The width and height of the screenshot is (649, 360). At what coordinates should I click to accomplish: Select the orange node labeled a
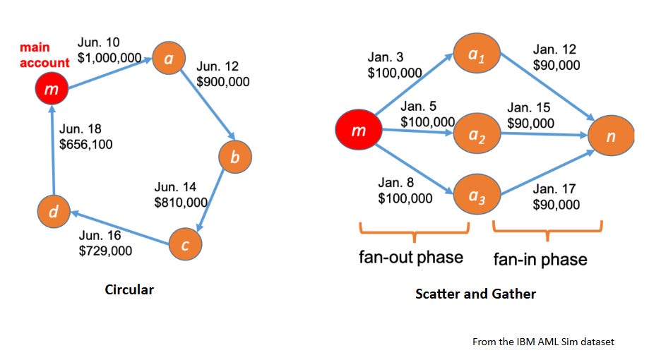coord(169,60)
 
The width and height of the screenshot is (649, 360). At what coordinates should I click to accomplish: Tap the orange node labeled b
coord(235,157)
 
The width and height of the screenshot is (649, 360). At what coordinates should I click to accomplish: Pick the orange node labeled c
coord(185,245)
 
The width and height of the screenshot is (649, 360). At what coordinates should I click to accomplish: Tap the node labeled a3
coord(477,192)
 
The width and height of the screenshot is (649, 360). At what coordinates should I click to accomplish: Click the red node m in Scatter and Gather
coord(359,131)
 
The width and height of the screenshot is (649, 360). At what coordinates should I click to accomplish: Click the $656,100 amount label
coord(85,145)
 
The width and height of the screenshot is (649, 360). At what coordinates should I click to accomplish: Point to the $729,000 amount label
coord(105,251)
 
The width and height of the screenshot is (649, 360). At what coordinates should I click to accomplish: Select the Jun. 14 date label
coord(175,187)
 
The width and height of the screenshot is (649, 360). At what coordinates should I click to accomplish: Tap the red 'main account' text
coord(44,55)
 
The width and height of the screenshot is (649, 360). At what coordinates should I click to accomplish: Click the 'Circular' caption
coord(129,290)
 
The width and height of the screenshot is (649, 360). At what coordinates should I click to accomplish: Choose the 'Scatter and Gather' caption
coord(475,294)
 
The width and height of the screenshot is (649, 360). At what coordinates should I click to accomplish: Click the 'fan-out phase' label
coord(411,257)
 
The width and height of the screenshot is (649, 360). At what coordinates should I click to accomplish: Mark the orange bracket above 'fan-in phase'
coord(547,228)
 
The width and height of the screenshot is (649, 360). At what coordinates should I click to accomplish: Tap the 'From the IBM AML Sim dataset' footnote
coord(543,342)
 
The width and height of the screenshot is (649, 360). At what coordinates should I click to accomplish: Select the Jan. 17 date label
coord(554,188)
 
